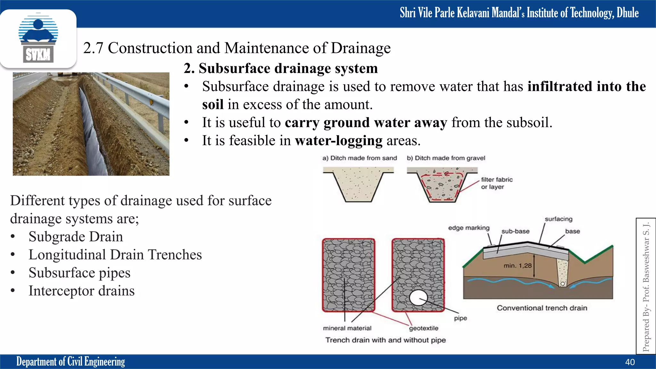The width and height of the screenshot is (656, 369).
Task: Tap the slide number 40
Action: pos(630,362)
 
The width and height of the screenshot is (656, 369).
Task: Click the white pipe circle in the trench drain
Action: pos(418,298)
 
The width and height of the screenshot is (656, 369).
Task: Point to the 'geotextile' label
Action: pos(423,328)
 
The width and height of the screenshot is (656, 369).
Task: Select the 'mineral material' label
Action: pos(347,328)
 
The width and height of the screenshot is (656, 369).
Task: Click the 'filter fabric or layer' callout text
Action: pos(496,183)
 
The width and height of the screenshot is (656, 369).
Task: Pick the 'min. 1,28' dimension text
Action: pos(517,266)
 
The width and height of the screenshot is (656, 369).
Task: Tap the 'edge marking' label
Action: pos(469,228)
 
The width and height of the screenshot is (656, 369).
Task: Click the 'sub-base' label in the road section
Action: pos(515,231)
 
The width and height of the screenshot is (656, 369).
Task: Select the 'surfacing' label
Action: pos(558,219)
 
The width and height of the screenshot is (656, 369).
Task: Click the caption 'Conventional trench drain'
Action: pos(542,308)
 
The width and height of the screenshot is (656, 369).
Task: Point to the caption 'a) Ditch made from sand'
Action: pos(359,158)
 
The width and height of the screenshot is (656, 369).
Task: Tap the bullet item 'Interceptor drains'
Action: pos(81,291)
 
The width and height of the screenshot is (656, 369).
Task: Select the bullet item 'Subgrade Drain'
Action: pos(76,237)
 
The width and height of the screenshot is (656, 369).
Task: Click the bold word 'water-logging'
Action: pos(339,141)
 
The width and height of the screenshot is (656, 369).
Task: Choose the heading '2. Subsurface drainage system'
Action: pos(281,68)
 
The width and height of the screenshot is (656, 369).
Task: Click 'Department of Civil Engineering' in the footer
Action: pos(70,362)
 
